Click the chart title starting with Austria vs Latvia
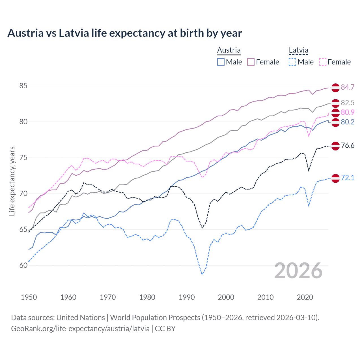[124, 33]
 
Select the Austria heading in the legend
[229, 50]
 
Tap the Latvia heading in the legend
[298, 50]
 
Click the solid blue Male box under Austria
[221, 62]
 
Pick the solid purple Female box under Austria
[251, 62]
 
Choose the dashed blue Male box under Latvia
[292, 62]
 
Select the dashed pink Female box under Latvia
[323, 62]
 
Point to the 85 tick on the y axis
[23, 86]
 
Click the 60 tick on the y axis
[23, 265]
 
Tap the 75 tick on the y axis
[23, 158]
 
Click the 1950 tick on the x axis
[29, 297]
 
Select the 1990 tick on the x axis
[187, 297]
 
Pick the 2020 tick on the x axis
[305, 297]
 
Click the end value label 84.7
[348, 87]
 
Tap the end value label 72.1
[348, 178]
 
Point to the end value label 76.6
[348, 145]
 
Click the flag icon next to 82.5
[335, 103]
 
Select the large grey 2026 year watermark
[298, 271]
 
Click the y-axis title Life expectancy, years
[12, 181]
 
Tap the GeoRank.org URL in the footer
[80, 329]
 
